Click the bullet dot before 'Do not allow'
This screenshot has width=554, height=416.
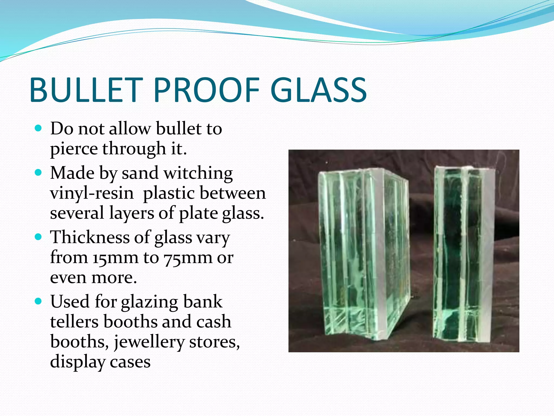(38, 128)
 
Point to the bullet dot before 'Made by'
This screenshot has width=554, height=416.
(38, 173)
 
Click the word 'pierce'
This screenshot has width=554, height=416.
(73, 149)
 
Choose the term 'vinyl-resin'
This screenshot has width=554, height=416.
(92, 193)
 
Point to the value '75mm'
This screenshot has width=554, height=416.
(188, 258)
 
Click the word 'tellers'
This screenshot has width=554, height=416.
(74, 322)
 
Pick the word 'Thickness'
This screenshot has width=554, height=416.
(90, 237)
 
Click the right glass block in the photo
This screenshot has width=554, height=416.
(464, 252)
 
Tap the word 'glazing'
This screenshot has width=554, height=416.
(149, 302)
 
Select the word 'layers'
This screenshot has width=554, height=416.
(131, 214)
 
